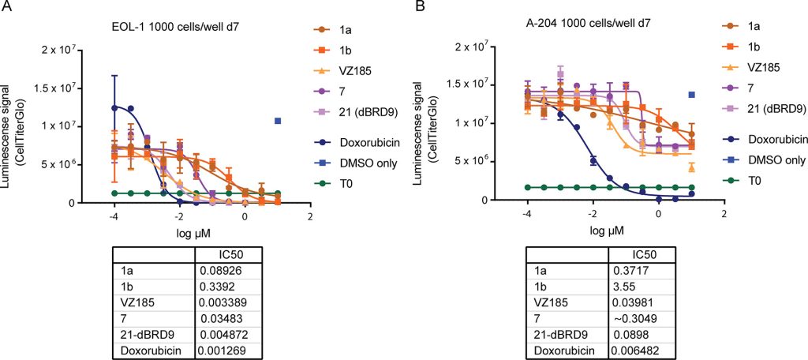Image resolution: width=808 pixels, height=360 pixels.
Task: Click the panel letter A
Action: point(7,8)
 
